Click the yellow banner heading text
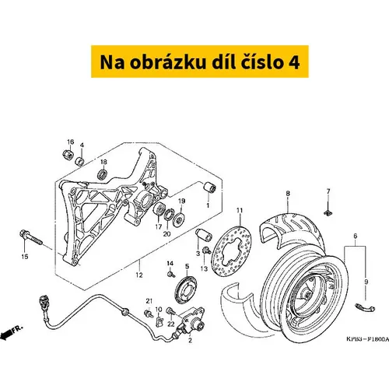click(x=200, y=62)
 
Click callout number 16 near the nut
click(x=70, y=142)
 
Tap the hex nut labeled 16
click(x=68, y=155)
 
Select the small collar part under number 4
click(x=79, y=161)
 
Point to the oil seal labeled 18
click(x=103, y=173)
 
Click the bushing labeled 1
click(x=209, y=187)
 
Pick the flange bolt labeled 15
click(x=31, y=237)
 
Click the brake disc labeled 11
click(x=231, y=251)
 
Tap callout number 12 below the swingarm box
click(x=139, y=275)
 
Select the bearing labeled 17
click(x=159, y=209)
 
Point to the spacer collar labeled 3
click(x=204, y=235)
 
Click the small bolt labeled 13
click(x=207, y=251)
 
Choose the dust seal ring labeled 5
click(x=186, y=289)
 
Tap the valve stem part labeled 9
click(x=365, y=308)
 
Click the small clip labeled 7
click(x=328, y=213)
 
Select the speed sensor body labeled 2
click(x=192, y=321)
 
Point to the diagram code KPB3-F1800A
click(x=368, y=339)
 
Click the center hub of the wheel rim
click(x=308, y=295)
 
